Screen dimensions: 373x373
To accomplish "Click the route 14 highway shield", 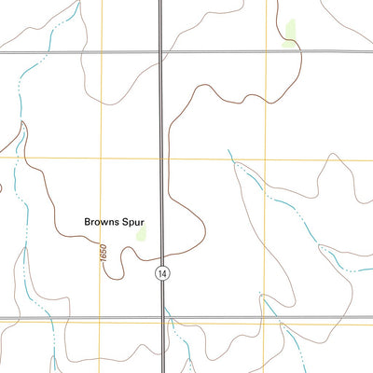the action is point(162,272).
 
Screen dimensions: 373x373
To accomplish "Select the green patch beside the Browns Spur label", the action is point(142,233).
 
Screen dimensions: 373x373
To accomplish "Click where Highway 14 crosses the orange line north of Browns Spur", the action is point(162,159).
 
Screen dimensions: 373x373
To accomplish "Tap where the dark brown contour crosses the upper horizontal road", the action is point(300,51).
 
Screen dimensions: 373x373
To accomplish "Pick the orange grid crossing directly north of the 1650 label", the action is point(102,159).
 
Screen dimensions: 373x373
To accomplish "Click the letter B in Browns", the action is point(87,223).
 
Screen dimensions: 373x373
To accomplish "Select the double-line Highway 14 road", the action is point(162,112).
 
